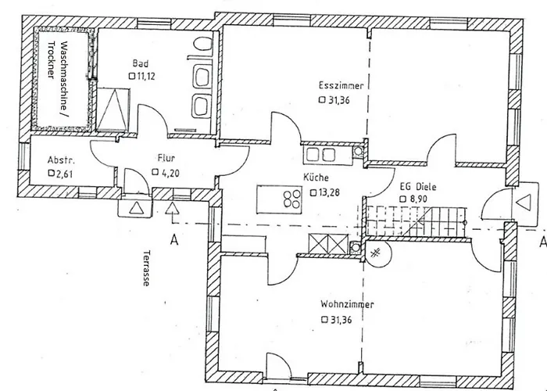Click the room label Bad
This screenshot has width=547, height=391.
(140, 63)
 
